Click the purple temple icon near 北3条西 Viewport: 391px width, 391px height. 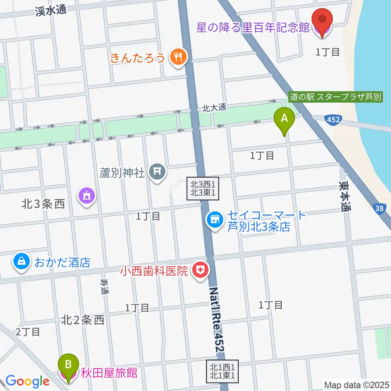click(87, 196)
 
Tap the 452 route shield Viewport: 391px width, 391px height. click(333, 120)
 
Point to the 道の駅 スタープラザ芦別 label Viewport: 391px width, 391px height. click(336, 97)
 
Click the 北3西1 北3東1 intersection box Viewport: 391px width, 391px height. click(203, 188)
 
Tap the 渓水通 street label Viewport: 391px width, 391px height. click(51, 11)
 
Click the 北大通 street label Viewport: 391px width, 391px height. click(214, 108)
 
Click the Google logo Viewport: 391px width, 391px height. click(27, 381)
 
